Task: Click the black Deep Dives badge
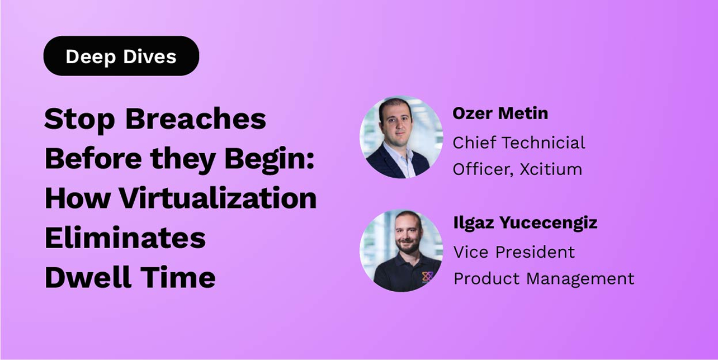121,56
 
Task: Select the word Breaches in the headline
195,119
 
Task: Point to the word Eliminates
125,238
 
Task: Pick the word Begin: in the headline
270,159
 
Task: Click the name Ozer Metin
500,113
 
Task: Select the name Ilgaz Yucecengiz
525,222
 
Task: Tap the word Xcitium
551,169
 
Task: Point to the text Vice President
514,252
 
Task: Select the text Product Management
544,278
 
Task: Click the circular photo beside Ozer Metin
401,137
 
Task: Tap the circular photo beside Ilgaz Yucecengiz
401,250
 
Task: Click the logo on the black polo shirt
428,276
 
